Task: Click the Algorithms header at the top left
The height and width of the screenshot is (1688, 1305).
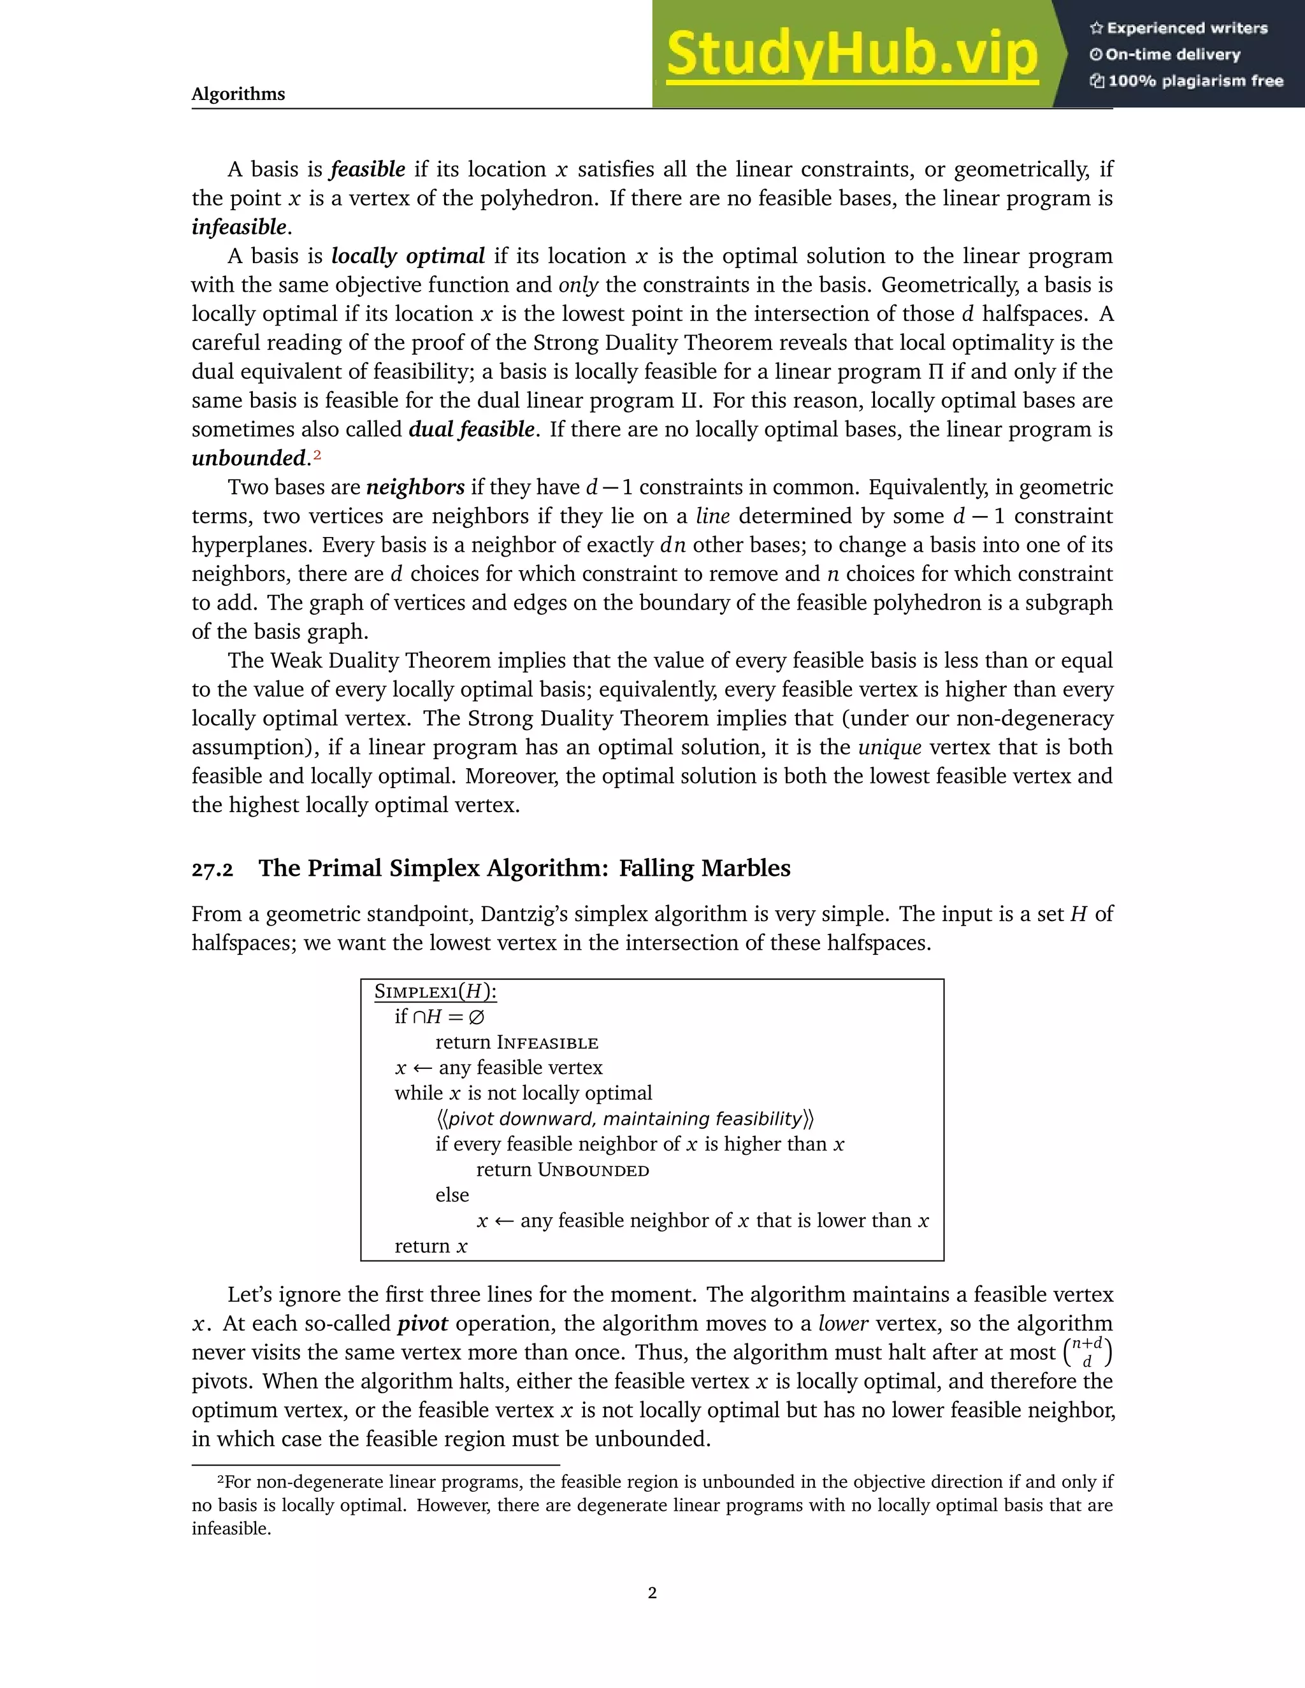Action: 238,94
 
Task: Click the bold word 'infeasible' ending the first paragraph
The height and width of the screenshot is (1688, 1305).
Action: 239,227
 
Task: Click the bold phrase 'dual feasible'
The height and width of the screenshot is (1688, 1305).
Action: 471,429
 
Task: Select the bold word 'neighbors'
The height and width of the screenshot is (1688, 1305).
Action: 415,487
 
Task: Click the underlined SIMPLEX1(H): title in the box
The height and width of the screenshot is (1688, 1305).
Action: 435,992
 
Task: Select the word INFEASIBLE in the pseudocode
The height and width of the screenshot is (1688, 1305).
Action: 547,1043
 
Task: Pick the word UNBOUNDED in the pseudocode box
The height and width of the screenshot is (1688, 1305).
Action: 593,1170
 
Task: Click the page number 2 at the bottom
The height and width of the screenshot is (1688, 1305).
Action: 652,1592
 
